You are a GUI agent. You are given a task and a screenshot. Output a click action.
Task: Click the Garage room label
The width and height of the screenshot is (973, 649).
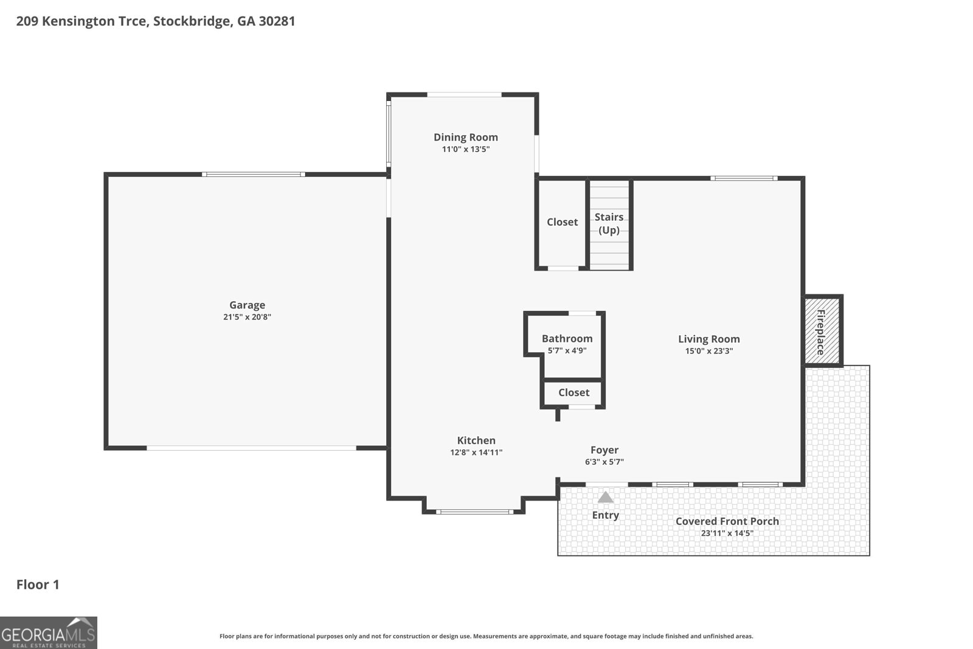[x=247, y=305]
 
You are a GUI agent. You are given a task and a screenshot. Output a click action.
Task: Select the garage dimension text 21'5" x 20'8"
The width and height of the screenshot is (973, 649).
[x=247, y=317]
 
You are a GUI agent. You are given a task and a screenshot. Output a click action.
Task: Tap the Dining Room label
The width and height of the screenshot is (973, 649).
[x=465, y=137]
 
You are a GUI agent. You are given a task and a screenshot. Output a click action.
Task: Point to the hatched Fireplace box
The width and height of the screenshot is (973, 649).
[x=822, y=331]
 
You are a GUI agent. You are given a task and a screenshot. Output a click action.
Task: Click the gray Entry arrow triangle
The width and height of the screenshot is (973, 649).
[x=605, y=498]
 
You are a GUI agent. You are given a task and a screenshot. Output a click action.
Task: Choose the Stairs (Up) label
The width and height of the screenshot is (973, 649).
[x=609, y=223]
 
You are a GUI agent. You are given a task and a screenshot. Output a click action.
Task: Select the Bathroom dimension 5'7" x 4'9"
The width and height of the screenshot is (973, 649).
[x=567, y=350]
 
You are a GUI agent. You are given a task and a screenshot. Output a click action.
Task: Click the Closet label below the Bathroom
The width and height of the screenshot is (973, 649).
[x=573, y=393]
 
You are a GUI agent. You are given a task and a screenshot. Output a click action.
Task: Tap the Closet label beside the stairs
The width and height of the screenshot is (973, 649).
[x=562, y=222]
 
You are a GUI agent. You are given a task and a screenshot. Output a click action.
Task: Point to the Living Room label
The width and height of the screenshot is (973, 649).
[x=709, y=339]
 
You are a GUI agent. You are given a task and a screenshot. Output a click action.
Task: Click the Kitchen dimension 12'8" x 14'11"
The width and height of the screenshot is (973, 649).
[x=476, y=453]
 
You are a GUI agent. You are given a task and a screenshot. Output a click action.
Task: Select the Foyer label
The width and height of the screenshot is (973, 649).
[x=604, y=450]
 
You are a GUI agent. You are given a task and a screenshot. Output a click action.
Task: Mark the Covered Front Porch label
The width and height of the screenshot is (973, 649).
[x=727, y=521]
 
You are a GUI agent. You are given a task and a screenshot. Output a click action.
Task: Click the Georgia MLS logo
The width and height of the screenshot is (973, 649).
[x=49, y=633]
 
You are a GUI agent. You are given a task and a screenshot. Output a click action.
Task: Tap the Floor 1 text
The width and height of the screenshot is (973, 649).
[x=38, y=585]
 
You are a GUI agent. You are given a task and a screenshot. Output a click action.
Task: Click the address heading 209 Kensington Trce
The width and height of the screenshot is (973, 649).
[x=155, y=21]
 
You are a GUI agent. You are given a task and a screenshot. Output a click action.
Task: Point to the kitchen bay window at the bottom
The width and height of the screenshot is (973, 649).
[x=474, y=512]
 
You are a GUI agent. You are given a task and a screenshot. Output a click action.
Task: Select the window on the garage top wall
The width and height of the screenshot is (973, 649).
[x=253, y=175]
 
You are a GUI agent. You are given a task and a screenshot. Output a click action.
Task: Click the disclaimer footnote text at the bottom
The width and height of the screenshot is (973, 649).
[x=486, y=636]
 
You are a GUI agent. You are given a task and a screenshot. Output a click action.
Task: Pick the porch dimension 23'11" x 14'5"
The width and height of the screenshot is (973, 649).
[x=727, y=533]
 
